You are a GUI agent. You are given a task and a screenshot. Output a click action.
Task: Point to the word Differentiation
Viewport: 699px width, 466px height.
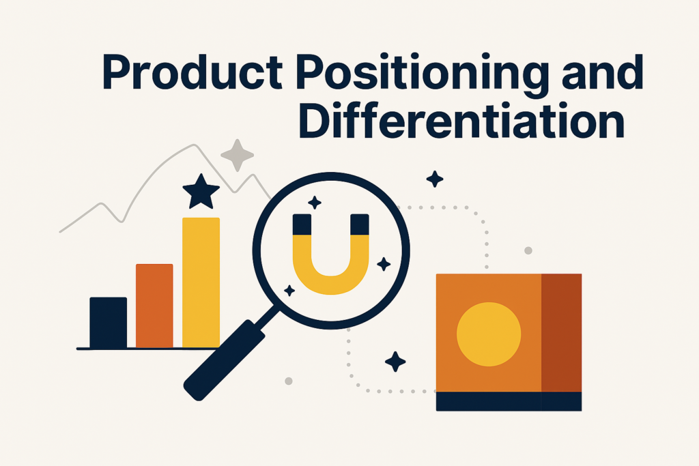pyautogui.click(x=461, y=120)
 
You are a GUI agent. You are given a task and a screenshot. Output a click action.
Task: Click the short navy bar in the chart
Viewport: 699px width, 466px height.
pyautogui.click(x=109, y=322)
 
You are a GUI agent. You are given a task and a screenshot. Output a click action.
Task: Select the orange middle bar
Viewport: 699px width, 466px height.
pyautogui.click(x=154, y=306)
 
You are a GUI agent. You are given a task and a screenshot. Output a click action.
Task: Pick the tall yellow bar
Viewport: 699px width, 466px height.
pyautogui.click(x=201, y=282)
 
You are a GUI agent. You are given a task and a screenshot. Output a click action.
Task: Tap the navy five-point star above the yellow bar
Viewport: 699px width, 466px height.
pyautogui.click(x=201, y=192)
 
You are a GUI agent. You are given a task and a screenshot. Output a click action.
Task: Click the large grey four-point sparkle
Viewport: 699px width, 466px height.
pyautogui.click(x=237, y=156)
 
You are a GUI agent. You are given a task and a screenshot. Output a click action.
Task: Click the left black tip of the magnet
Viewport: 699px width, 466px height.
pyautogui.click(x=302, y=224)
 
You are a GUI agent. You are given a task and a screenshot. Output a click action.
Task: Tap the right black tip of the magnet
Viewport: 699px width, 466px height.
pyautogui.click(x=360, y=224)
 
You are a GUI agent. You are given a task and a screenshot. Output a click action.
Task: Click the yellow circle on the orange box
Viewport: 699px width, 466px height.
pyautogui.click(x=489, y=334)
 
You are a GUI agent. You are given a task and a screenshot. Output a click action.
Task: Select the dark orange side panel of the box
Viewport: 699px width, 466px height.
pyautogui.click(x=561, y=333)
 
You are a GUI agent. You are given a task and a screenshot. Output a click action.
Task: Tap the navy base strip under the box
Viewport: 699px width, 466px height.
pyautogui.click(x=509, y=401)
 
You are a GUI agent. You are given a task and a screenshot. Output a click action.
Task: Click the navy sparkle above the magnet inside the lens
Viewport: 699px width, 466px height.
pyautogui.click(x=315, y=202)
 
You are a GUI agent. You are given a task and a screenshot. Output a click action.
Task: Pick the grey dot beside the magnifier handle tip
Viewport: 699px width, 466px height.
pyautogui.click(x=289, y=381)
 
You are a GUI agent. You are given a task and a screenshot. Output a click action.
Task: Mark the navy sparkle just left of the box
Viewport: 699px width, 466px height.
pyautogui.click(x=395, y=362)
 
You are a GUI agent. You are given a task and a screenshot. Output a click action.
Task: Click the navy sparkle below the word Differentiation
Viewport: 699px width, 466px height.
pyautogui.click(x=435, y=179)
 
